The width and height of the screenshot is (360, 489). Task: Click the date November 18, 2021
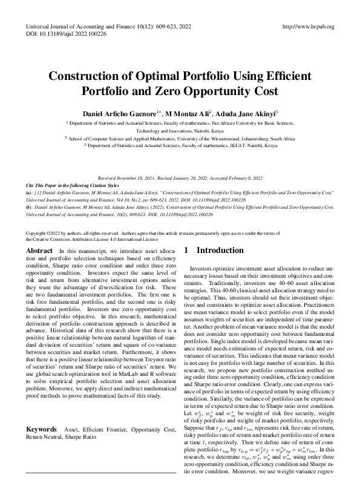pos(141,179)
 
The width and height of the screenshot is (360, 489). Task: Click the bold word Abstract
pos(40,250)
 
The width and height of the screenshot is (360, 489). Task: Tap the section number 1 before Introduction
pos(186,250)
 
